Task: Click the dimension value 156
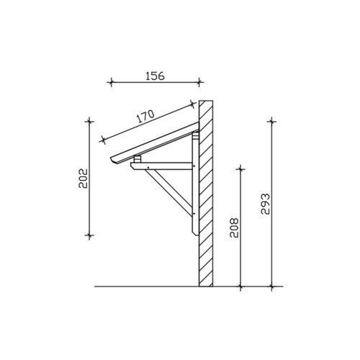(155, 76)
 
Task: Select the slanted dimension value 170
(145, 116)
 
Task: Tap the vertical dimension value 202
(84, 179)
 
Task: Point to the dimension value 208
(234, 228)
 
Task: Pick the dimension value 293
(266, 204)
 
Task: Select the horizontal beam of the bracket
(161, 166)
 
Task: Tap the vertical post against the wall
(195, 184)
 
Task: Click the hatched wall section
(206, 194)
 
